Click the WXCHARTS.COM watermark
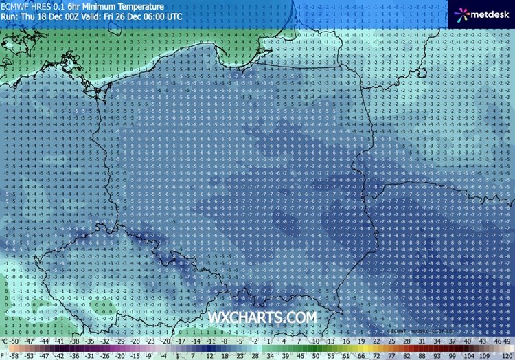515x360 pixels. [263, 317]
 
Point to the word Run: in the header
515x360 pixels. [10, 16]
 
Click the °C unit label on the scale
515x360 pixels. [5, 341]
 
